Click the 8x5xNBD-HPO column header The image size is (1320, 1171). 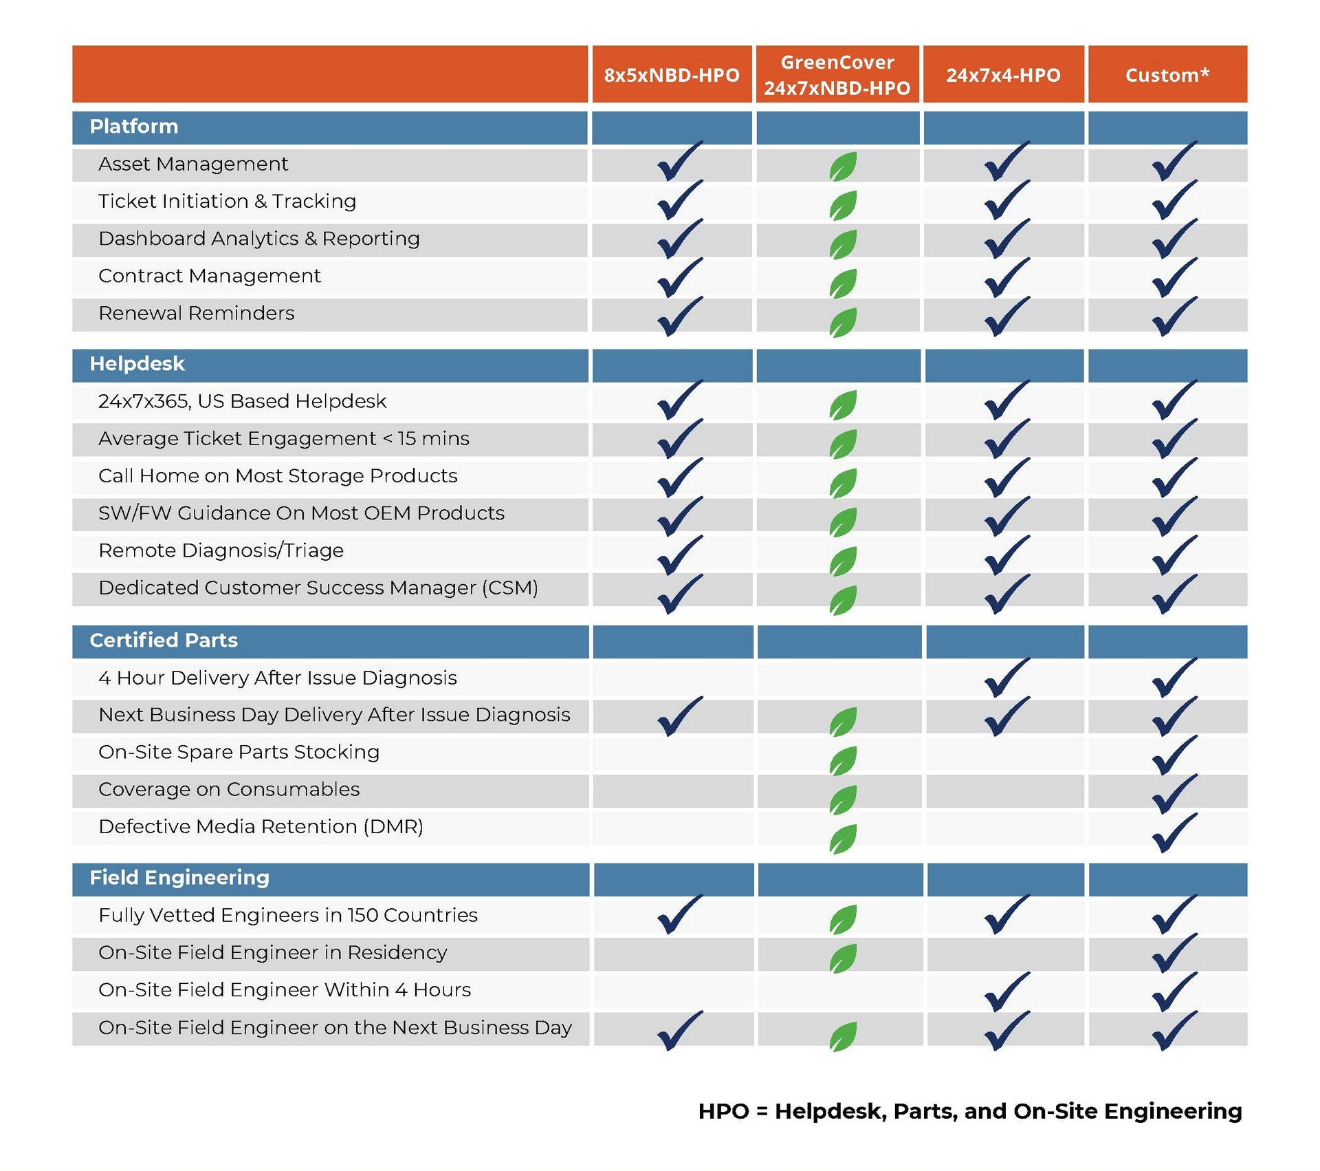pos(672,75)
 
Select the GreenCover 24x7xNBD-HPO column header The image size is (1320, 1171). pos(837,75)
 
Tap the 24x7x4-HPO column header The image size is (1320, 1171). pos(1003,75)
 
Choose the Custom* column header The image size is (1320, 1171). pos(1167,75)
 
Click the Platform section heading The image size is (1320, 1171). pos(134,127)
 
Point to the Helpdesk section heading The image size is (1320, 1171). pos(137,364)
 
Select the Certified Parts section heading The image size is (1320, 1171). pos(164,641)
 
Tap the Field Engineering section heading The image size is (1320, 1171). pos(179,878)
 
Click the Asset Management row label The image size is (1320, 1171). pos(193,164)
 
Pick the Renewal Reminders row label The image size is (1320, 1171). pos(197,314)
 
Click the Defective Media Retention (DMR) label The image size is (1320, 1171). pos(261,827)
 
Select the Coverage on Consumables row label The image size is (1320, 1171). pos(229,790)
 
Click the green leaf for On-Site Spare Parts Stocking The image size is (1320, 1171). pos(843,761)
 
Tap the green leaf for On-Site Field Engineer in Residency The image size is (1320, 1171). pos(843,958)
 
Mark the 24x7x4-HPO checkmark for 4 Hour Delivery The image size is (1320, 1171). pos(1006,678)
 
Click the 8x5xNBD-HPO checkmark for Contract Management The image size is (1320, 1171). pos(679,277)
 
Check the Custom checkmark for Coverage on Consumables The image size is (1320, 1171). pos(1174,794)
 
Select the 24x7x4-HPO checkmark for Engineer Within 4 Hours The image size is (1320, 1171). pos(1006,992)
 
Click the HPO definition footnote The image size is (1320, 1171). pos(969,1112)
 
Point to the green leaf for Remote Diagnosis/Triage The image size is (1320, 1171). pos(843,561)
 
